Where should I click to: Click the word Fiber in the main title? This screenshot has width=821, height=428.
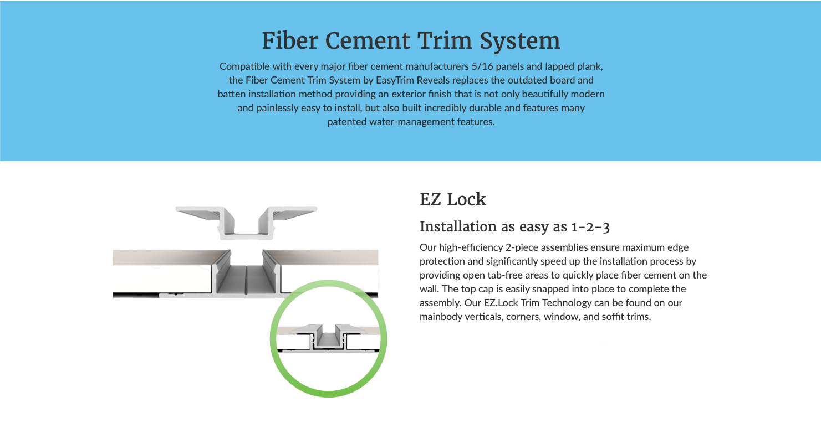(x=289, y=40)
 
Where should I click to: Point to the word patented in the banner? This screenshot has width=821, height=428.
(x=346, y=122)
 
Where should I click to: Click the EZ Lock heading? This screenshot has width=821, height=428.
(x=453, y=199)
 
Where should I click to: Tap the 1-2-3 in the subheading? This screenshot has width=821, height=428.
(x=590, y=227)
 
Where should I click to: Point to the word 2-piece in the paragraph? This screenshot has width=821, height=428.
(x=522, y=248)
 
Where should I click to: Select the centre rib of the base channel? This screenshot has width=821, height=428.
(x=246, y=280)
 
